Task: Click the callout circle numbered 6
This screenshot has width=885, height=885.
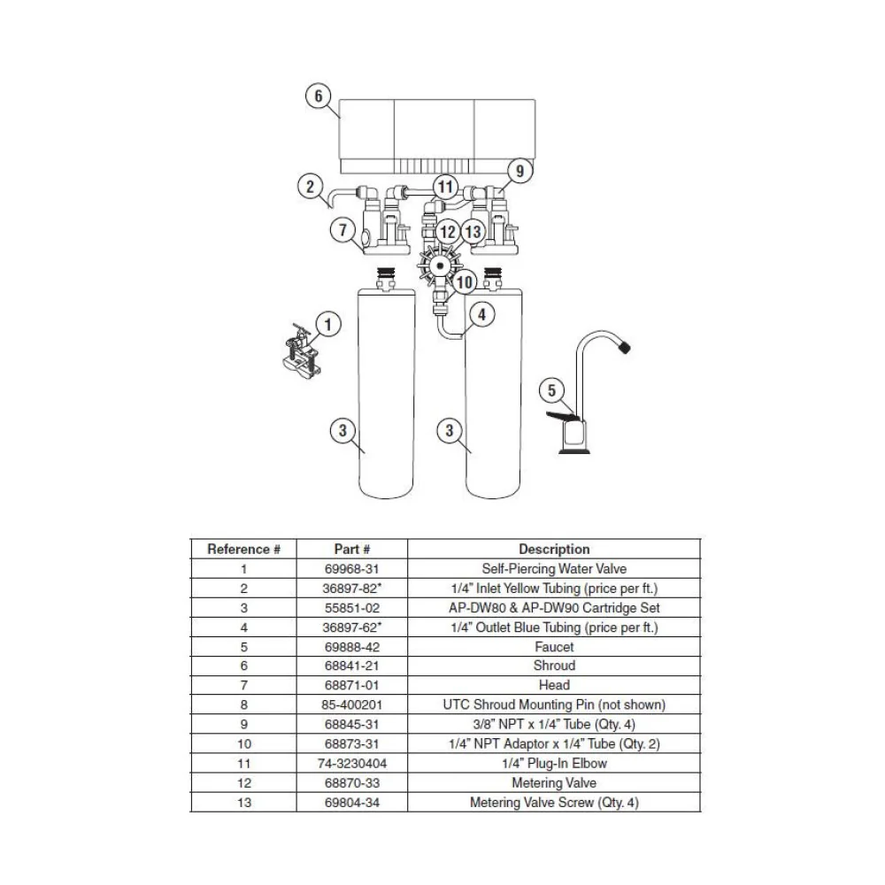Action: click(319, 96)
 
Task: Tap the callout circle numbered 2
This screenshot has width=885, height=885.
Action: click(310, 186)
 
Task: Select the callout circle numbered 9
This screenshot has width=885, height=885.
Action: click(519, 170)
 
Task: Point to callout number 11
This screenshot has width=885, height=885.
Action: click(446, 186)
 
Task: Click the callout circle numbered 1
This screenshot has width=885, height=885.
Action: click(328, 325)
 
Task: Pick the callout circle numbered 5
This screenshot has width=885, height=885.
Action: click(551, 390)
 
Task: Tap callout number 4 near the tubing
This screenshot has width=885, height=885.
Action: click(482, 314)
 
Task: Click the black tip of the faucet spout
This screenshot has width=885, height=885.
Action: click(624, 346)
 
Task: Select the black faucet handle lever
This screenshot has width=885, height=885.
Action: click(563, 417)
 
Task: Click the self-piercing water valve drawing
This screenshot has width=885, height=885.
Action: click(300, 354)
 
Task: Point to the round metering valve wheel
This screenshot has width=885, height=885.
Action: click(440, 265)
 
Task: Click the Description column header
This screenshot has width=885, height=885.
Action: click(554, 550)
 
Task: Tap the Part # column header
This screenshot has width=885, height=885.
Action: click(352, 550)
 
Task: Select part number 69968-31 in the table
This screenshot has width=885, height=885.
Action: click(352, 569)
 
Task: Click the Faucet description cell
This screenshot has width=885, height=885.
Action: click(554, 647)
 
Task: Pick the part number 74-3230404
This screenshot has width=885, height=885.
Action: click(352, 764)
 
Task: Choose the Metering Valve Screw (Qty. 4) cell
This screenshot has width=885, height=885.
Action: click(554, 803)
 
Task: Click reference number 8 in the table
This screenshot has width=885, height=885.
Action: click(244, 705)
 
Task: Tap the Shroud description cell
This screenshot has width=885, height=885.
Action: click(554, 666)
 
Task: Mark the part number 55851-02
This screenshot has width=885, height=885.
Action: click(352, 608)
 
